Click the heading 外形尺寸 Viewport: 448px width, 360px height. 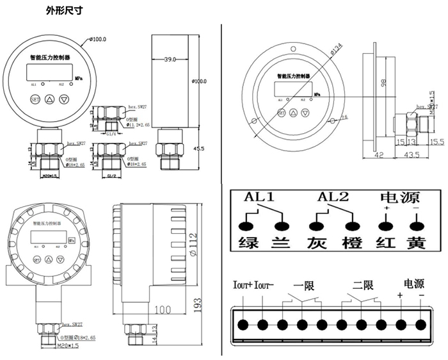63,11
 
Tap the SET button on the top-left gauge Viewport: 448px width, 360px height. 34,99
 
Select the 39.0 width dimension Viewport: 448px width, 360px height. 169,59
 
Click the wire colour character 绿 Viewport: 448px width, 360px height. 246,243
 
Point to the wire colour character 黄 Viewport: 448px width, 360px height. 417,243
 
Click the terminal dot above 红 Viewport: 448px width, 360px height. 385,225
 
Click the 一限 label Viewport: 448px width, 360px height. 303,286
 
